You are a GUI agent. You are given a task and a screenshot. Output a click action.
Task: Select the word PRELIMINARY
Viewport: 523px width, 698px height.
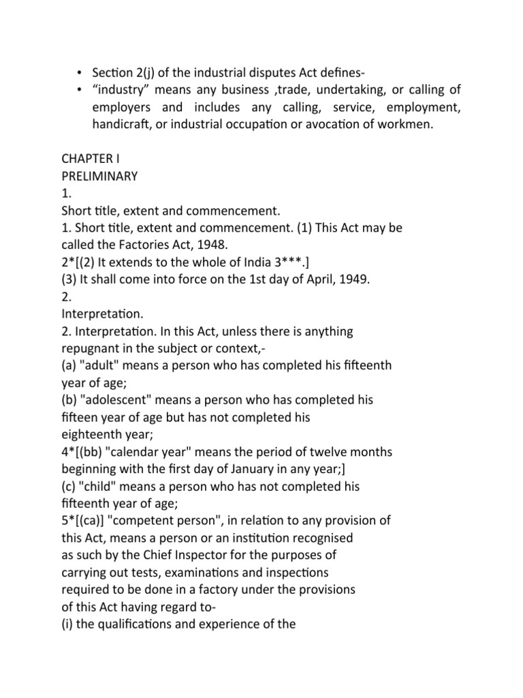99,177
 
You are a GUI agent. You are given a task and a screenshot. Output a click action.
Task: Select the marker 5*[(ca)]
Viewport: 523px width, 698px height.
84,521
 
